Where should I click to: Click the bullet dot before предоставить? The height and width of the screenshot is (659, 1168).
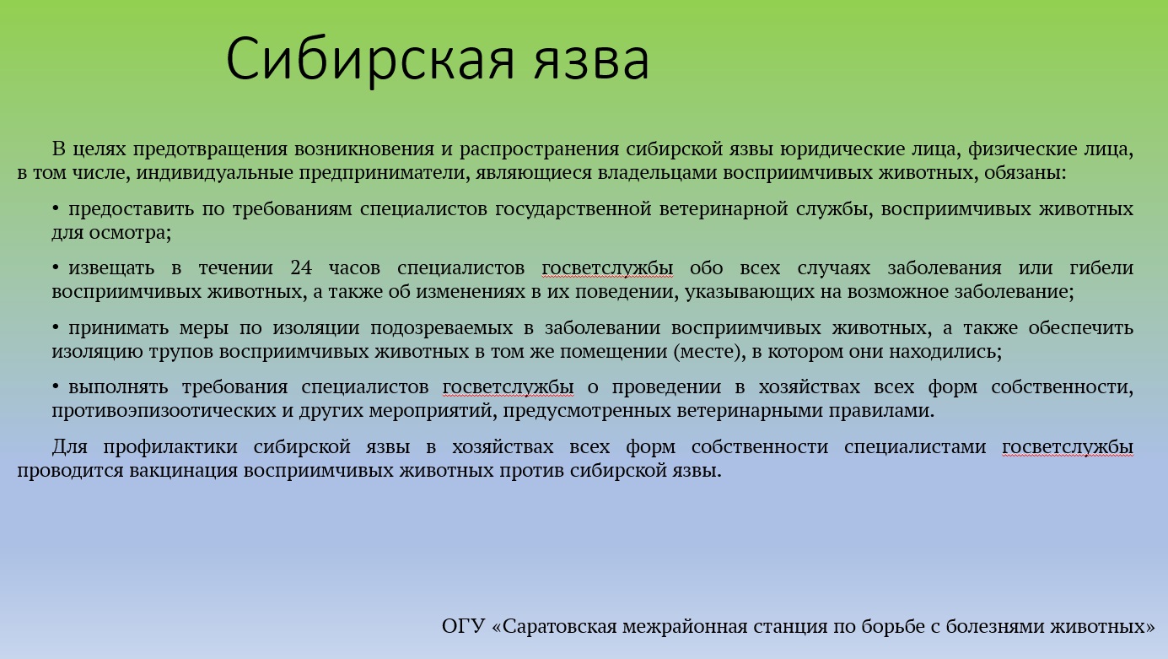point(56,208)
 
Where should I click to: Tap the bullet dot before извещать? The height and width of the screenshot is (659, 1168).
point(56,267)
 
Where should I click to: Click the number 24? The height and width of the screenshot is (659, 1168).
point(301,267)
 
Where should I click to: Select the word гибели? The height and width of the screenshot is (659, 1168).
point(1101,267)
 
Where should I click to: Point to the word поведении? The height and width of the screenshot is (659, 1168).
point(627,292)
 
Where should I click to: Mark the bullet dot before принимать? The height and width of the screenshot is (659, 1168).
point(56,327)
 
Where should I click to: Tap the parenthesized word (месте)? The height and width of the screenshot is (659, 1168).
point(710,352)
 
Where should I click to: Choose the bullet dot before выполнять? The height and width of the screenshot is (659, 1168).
point(56,386)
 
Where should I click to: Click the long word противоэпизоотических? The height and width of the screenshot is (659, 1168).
point(164,411)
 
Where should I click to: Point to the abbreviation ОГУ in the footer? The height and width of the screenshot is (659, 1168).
point(464,626)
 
